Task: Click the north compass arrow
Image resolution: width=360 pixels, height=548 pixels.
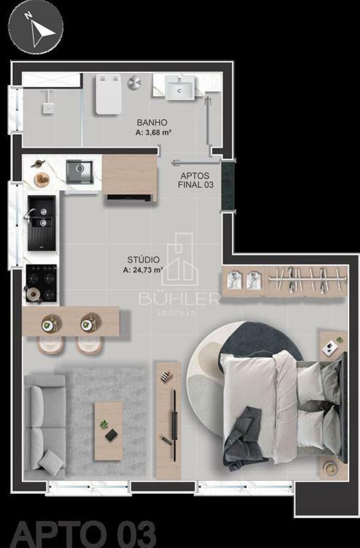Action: [42, 32]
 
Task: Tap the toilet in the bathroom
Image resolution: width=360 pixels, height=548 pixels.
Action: [109, 94]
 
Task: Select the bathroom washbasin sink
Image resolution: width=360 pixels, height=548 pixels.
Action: [180, 88]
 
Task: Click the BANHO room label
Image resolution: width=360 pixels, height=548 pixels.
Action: [152, 123]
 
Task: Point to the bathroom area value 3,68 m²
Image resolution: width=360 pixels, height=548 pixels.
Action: [153, 133]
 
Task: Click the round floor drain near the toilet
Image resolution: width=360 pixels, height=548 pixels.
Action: [134, 83]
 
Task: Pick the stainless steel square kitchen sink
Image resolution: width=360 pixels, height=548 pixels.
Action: [80, 172]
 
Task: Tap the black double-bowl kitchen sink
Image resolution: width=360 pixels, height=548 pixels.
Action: [42, 223]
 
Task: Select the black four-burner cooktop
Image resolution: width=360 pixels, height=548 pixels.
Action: [41, 283]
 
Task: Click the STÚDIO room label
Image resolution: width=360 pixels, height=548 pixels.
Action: [143, 259]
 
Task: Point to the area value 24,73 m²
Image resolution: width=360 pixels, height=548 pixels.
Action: [144, 270]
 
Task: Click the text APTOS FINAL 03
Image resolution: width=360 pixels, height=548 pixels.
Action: [196, 180]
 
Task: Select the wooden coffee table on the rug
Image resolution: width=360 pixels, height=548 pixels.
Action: [109, 431]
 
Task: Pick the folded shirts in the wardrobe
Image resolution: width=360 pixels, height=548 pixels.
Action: [243, 280]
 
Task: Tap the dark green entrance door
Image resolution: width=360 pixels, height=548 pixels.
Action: [228, 186]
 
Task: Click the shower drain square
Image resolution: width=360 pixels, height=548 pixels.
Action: [48, 108]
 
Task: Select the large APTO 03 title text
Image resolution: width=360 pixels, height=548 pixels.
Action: [83, 533]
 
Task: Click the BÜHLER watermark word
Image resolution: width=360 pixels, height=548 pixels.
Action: [180, 299]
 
